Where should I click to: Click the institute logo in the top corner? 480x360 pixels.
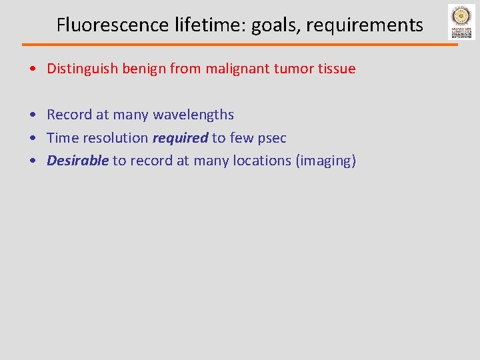click(x=461, y=22)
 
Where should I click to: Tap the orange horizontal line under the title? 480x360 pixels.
click(x=240, y=45)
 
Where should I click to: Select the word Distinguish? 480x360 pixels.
click(x=83, y=69)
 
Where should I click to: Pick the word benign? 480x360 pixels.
click(x=144, y=69)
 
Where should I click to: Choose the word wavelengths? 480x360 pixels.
click(x=193, y=115)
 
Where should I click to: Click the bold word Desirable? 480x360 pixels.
click(x=77, y=161)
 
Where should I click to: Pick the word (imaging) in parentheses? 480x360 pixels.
click(x=326, y=161)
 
